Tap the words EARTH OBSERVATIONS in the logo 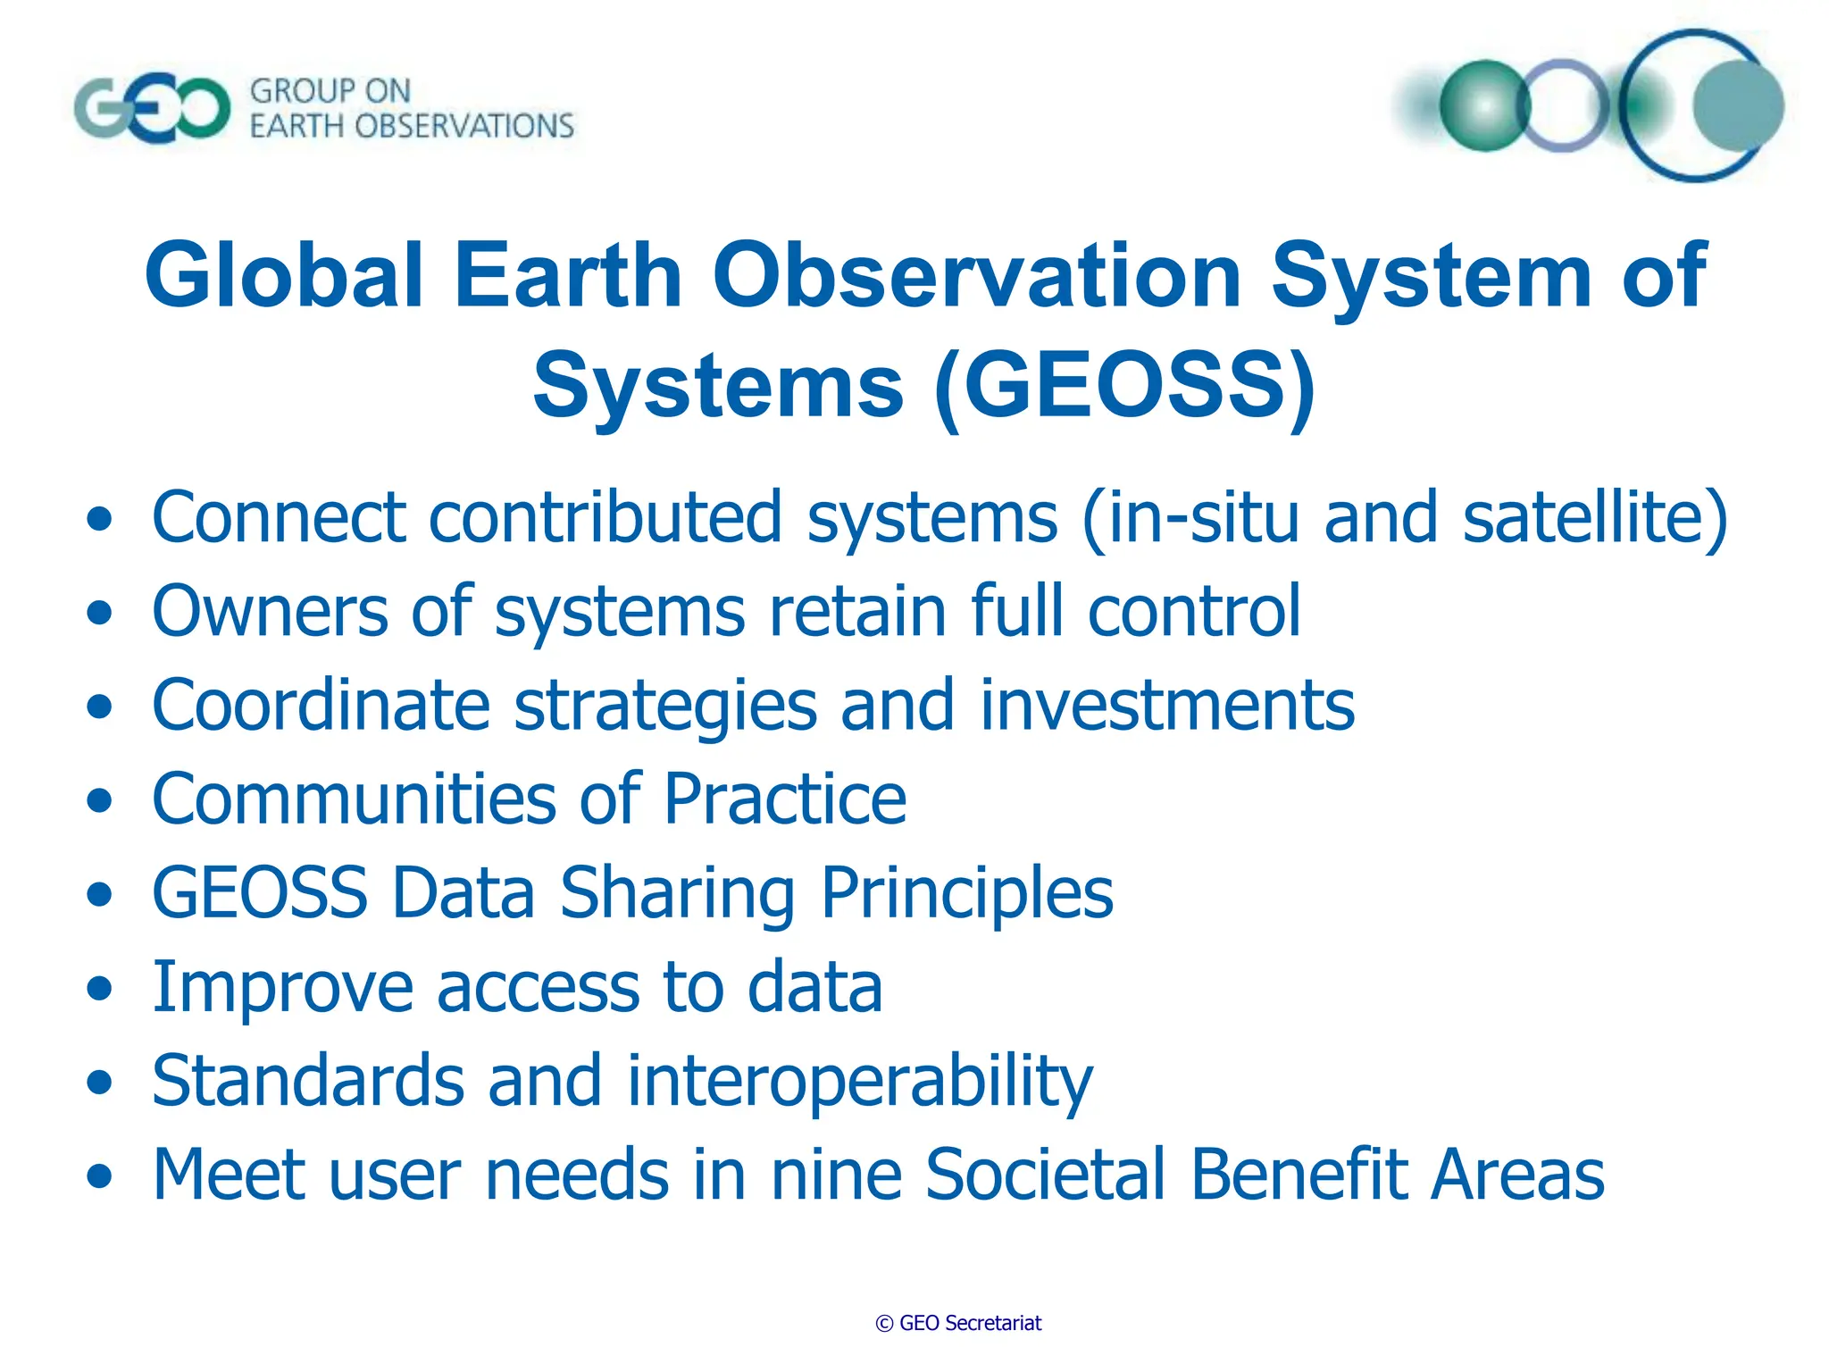point(412,127)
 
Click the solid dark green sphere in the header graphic point(1484,105)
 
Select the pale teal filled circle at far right point(1738,105)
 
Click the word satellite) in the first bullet point(1595,518)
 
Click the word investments point(1166,706)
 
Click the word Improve point(282,988)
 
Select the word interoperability point(859,1081)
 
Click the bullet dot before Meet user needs point(100,1176)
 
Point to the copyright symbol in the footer point(884,1324)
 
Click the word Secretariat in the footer point(992,1324)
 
